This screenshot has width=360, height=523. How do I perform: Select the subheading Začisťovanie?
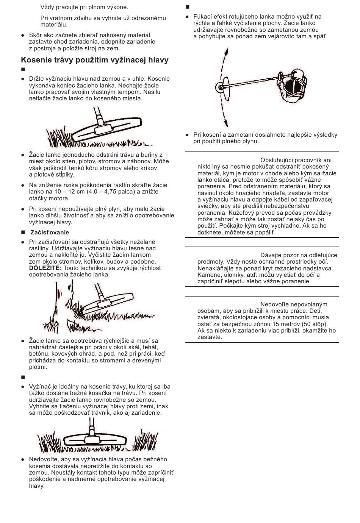(50, 232)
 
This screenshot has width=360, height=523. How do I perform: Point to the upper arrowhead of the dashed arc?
(226, 52)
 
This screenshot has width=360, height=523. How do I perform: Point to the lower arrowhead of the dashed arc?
(226, 123)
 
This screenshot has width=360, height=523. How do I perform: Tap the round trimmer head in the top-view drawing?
(219, 88)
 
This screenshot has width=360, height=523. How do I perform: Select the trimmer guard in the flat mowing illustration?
(95, 440)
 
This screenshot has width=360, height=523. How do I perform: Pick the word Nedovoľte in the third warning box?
(274, 304)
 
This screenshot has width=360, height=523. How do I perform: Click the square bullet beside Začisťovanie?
(23, 233)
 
